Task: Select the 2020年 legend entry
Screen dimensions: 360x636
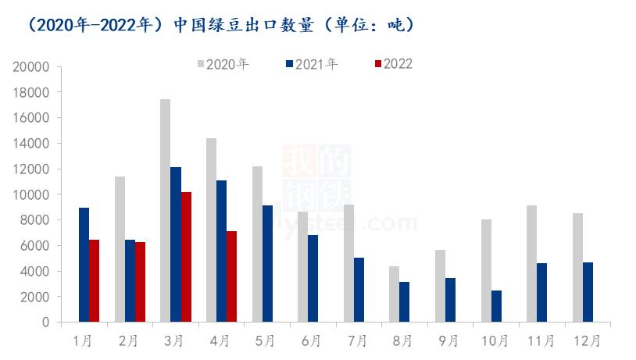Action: [223, 64]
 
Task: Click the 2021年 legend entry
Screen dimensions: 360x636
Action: [312, 64]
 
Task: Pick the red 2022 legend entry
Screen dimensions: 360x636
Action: [394, 64]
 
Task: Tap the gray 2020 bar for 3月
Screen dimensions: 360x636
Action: [165, 211]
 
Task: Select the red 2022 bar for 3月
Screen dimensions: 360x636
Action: [186, 257]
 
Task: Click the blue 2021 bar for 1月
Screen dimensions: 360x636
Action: [84, 265]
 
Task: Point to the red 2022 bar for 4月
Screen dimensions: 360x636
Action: [232, 276]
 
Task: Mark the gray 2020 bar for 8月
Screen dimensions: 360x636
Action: [395, 294]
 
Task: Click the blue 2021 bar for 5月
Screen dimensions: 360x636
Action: [267, 264]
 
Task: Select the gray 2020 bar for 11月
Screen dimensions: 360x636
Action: [531, 264]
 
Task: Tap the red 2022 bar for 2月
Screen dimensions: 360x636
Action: [140, 282]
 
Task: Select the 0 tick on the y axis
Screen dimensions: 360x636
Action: [46, 322]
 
